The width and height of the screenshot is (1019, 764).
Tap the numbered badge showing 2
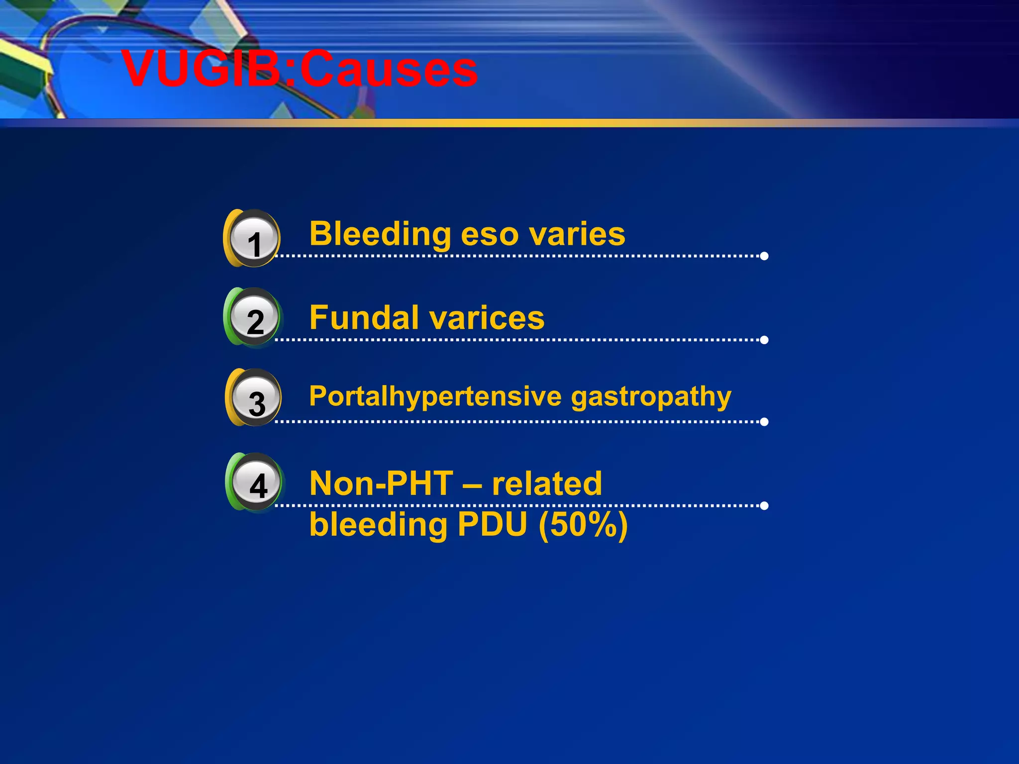(x=254, y=318)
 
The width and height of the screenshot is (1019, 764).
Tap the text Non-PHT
(x=381, y=483)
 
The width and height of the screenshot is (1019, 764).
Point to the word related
(x=547, y=483)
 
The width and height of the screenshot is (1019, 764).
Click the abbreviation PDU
(x=492, y=524)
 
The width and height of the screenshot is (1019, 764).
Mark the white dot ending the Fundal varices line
(x=764, y=340)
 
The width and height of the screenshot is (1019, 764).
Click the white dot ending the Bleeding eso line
(x=764, y=256)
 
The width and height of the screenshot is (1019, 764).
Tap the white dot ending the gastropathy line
(x=764, y=422)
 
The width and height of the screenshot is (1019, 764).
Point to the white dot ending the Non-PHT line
(x=764, y=506)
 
